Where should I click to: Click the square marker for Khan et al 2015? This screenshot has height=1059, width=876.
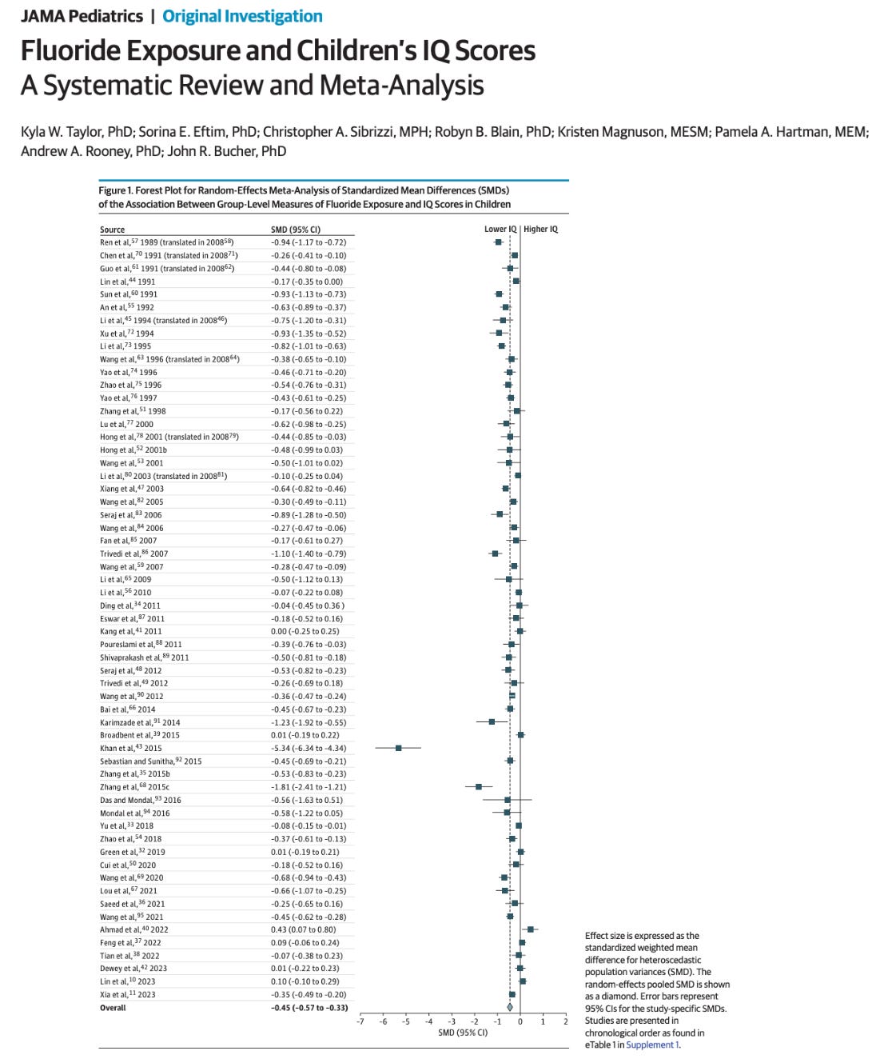click(398, 748)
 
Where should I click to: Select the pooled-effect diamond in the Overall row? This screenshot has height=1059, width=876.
click(510, 1007)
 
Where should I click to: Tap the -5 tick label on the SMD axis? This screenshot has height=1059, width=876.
click(405, 1021)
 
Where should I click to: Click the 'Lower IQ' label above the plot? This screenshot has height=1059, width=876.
click(500, 230)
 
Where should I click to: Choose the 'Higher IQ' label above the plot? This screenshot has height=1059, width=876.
click(541, 230)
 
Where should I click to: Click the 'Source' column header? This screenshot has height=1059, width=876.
click(112, 230)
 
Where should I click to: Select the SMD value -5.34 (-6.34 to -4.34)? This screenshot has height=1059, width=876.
click(308, 748)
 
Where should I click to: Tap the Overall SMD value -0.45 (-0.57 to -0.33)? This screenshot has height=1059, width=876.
click(309, 1008)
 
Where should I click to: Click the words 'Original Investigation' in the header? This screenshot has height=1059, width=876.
click(242, 16)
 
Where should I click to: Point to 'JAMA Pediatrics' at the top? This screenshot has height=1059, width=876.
click(82, 16)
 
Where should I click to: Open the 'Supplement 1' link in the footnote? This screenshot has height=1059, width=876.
click(652, 1045)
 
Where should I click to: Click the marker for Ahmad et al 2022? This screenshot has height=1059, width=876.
click(530, 929)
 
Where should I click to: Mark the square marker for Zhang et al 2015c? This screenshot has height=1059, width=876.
click(479, 787)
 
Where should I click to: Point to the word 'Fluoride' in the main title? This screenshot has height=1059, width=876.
click(70, 50)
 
